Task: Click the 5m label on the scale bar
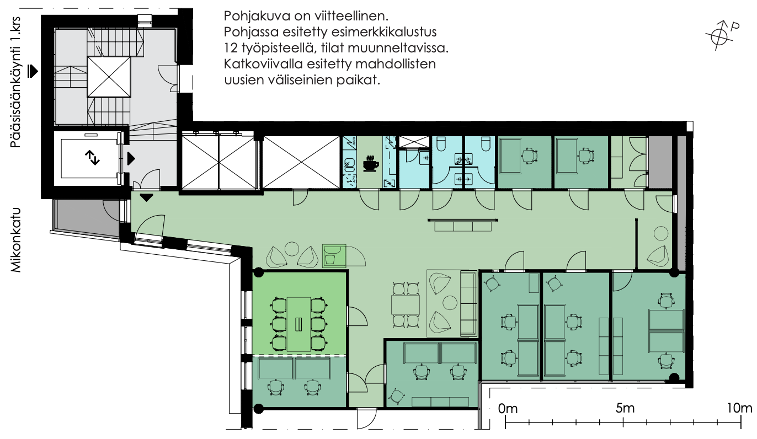click(625, 408)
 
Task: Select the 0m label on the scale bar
click(508, 409)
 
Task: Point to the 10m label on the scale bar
click(740, 408)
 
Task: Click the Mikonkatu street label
click(16, 240)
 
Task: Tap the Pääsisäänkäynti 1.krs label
click(15, 82)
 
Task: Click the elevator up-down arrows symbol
click(92, 158)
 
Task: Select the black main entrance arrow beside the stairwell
click(33, 71)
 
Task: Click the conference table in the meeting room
click(298, 324)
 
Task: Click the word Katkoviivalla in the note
click(263, 64)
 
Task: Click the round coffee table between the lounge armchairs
click(450, 303)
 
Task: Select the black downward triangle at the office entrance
click(146, 197)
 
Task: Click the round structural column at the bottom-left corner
click(259, 409)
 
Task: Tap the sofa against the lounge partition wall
click(468, 303)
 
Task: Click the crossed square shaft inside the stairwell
click(109, 77)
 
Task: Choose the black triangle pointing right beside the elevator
click(131, 159)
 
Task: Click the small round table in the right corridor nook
click(660, 233)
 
